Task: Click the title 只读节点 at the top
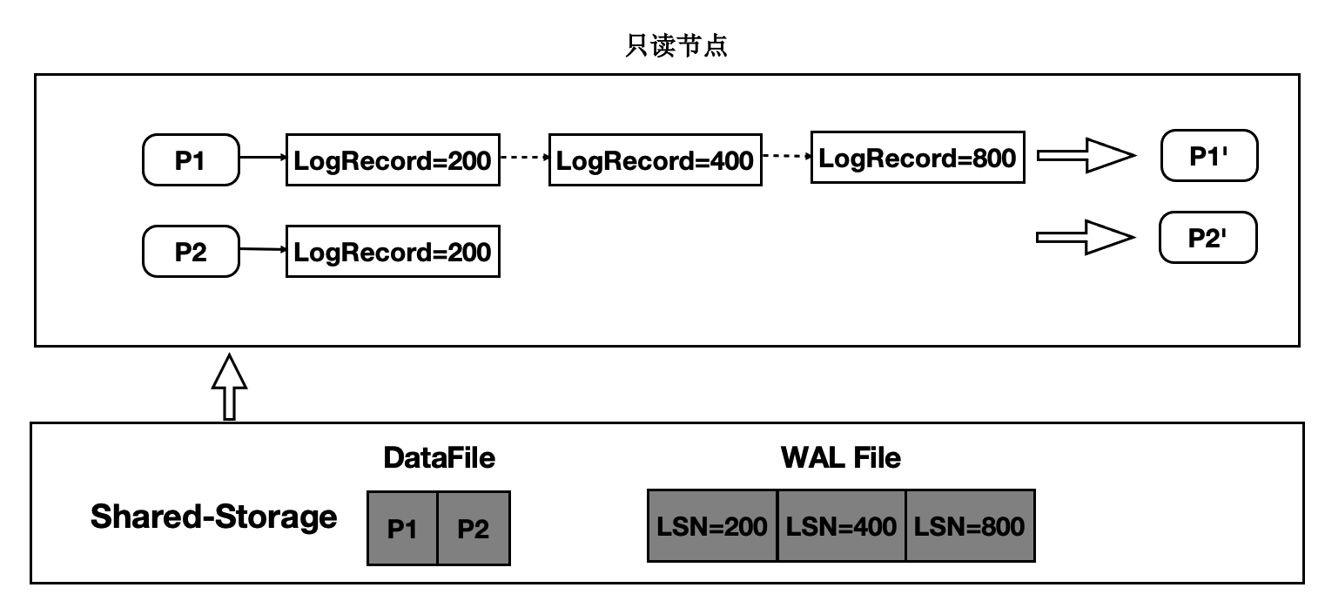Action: click(676, 46)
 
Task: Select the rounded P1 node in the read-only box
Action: click(191, 159)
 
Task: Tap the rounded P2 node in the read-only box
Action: click(191, 251)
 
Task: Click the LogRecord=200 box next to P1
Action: click(393, 160)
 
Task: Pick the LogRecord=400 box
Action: click(656, 160)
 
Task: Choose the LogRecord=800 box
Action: click(918, 158)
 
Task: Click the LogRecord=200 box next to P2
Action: click(393, 252)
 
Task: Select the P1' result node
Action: click(1209, 157)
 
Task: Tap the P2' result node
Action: click(1207, 238)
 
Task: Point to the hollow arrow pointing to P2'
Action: click(1086, 238)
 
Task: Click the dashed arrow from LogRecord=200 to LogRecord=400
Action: click(524, 159)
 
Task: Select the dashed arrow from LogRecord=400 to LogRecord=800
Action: click(786, 157)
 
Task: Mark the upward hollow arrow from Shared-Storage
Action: click(230, 387)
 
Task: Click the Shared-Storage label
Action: click(213, 517)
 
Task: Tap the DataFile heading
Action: click(439, 457)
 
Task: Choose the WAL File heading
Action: click(840, 457)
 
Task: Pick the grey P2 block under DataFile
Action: click(474, 529)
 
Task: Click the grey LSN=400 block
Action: click(841, 525)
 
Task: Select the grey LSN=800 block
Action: click(970, 525)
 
